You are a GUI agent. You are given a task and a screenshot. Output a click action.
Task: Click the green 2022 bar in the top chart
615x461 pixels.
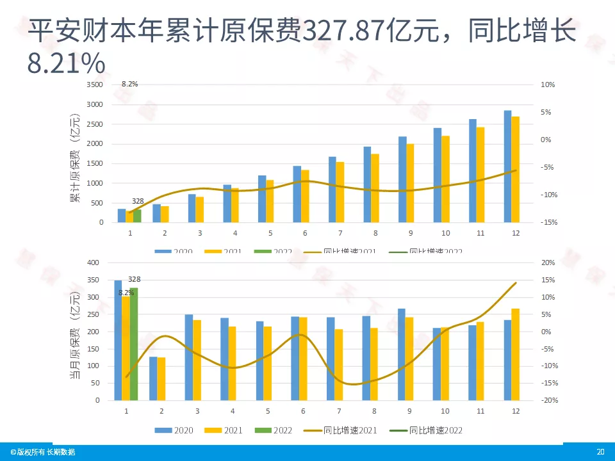[x=137, y=216]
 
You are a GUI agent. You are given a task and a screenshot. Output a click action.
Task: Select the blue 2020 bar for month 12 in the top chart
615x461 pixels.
[x=507, y=166]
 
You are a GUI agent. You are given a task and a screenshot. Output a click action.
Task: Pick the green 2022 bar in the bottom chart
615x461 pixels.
[x=134, y=344]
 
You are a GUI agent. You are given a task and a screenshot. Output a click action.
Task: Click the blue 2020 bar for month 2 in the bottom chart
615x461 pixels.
[x=153, y=378]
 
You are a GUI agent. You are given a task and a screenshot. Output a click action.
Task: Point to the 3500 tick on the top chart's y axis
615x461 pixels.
[x=94, y=85]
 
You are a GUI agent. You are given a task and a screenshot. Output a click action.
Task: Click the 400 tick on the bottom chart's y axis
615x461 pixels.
[x=94, y=263]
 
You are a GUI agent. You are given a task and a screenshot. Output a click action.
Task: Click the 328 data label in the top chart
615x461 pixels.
[x=138, y=201]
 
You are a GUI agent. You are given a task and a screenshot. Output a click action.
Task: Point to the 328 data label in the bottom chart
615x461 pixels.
[x=135, y=279]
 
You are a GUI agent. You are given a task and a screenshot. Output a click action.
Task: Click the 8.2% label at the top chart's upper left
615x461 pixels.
[x=129, y=84]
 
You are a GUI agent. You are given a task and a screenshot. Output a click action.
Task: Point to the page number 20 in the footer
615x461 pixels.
[x=600, y=452]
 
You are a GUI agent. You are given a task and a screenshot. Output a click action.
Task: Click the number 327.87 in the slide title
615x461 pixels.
[x=345, y=30]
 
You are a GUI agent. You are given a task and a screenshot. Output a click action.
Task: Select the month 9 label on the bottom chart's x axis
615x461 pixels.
[x=409, y=410]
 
